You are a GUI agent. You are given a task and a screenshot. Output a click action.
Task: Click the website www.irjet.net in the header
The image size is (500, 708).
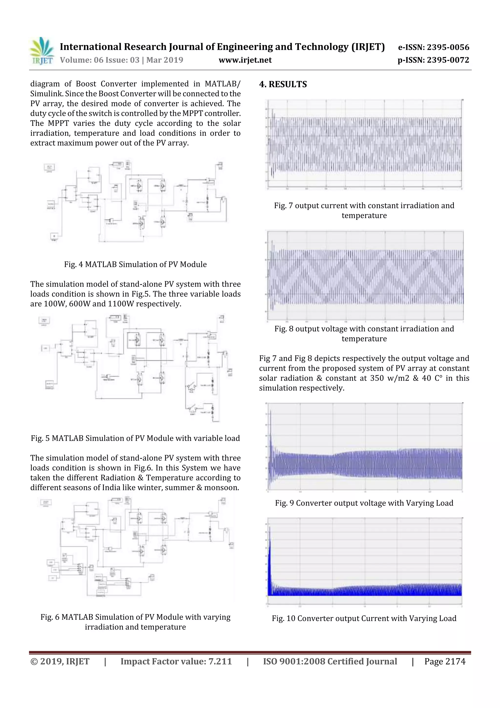point(245,60)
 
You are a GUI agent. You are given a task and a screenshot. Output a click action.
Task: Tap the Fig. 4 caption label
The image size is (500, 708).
point(135,264)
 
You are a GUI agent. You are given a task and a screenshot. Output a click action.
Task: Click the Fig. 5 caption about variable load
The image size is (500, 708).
point(135,438)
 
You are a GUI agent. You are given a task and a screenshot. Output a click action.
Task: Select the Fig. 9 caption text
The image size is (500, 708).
point(364,503)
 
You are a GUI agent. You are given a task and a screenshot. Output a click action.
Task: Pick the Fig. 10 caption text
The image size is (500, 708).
point(364,618)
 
